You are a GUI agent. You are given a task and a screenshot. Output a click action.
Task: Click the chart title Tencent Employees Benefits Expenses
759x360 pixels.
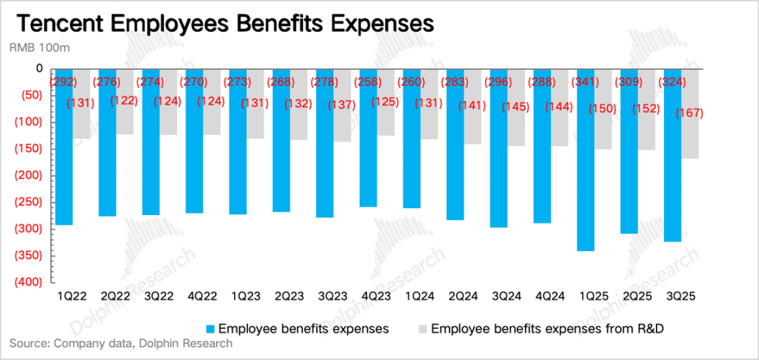225,23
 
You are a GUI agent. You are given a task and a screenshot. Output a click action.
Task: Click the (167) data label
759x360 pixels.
689,112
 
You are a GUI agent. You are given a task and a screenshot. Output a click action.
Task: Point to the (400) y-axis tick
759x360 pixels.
29,282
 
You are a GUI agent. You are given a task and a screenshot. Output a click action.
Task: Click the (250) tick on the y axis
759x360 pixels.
29,202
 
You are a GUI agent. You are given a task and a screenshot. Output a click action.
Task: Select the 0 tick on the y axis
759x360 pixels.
39,69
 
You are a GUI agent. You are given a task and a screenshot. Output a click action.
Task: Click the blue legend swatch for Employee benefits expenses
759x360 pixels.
210,329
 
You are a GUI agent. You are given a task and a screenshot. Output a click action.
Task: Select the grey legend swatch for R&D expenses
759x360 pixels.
422,329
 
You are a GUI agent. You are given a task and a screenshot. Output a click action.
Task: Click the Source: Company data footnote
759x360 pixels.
120,344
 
